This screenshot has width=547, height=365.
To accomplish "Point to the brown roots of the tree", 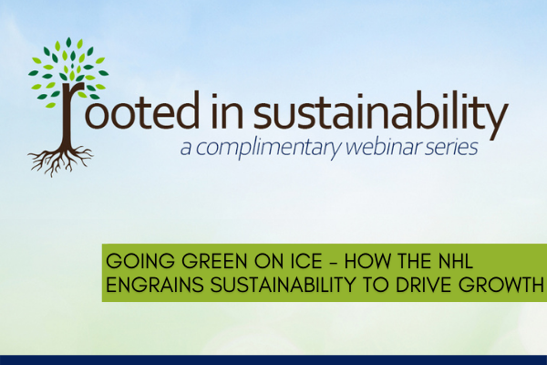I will (60, 157).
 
